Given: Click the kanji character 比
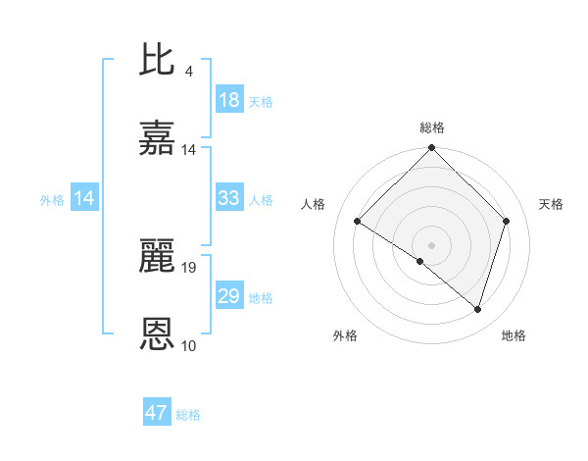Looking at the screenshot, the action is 159,61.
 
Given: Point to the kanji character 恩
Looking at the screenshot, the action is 159,334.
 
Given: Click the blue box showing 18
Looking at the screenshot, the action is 229,100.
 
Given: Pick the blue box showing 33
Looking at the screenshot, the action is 229,198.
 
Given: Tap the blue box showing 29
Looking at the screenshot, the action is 229,296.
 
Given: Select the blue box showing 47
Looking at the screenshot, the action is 157,413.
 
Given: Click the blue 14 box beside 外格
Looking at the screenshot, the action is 84,198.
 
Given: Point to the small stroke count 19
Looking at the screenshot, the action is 189,267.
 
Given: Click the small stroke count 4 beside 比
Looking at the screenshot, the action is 188,72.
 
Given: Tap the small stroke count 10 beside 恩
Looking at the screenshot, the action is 189,345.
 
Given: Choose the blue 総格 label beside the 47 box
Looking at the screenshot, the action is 188,415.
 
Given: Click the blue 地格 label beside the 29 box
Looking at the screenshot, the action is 261,298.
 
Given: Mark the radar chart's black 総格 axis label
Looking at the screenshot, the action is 432,128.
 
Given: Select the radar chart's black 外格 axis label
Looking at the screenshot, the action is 345,335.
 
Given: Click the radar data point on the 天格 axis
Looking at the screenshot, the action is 507,222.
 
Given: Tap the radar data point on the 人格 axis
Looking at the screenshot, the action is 358,222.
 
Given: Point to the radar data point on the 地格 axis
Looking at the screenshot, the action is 478,309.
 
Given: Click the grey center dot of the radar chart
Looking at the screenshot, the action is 431,244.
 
